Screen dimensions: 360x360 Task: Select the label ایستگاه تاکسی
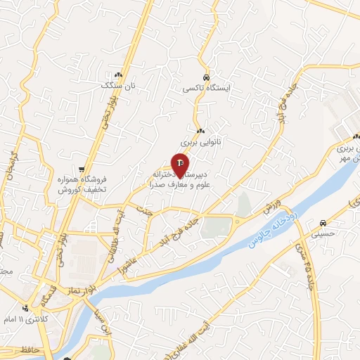click(x=205, y=88)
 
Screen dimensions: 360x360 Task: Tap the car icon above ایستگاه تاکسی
click(x=205, y=77)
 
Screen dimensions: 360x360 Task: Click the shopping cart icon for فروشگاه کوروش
click(x=83, y=169)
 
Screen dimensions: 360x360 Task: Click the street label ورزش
click(x=271, y=208)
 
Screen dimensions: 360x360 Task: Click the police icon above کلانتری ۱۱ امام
click(x=25, y=308)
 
